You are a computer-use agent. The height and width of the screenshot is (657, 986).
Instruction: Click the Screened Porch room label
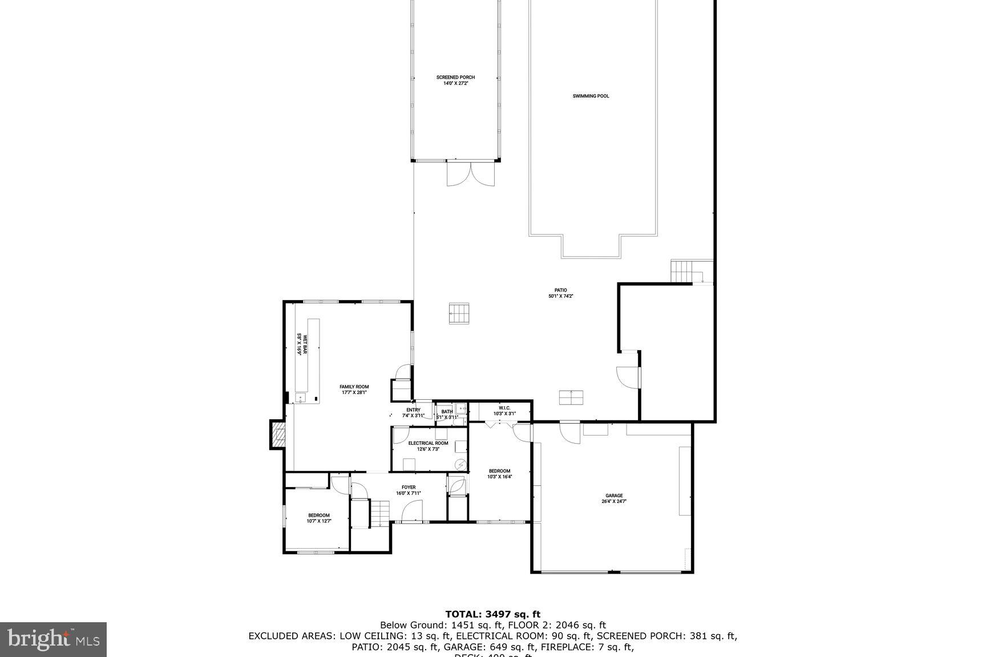[x=455, y=80]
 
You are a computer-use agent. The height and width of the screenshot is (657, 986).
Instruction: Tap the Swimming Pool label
[x=591, y=96]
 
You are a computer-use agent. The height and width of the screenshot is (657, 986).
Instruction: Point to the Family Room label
[x=354, y=390]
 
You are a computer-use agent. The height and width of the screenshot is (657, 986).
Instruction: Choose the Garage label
[x=614, y=498]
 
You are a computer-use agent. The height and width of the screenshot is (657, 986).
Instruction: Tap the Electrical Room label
[x=428, y=446]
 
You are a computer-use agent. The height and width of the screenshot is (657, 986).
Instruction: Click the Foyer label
[x=409, y=490]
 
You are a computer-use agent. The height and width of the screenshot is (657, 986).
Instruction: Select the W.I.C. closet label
[x=504, y=411]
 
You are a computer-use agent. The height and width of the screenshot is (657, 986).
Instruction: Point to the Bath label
[x=447, y=414]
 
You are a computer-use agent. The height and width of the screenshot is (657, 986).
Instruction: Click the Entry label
[x=413, y=412]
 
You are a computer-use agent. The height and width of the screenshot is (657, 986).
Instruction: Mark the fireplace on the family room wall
[x=277, y=435]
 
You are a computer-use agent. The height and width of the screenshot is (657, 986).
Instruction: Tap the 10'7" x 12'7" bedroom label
[x=318, y=518]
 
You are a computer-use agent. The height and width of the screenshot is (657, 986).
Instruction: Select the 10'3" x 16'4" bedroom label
[x=499, y=474]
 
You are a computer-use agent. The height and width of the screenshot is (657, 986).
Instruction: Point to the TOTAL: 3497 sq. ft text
[x=492, y=614]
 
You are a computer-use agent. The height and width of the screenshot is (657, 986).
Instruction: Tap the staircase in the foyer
[x=378, y=512]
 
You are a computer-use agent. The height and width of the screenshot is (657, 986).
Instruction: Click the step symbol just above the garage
[x=571, y=398]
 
